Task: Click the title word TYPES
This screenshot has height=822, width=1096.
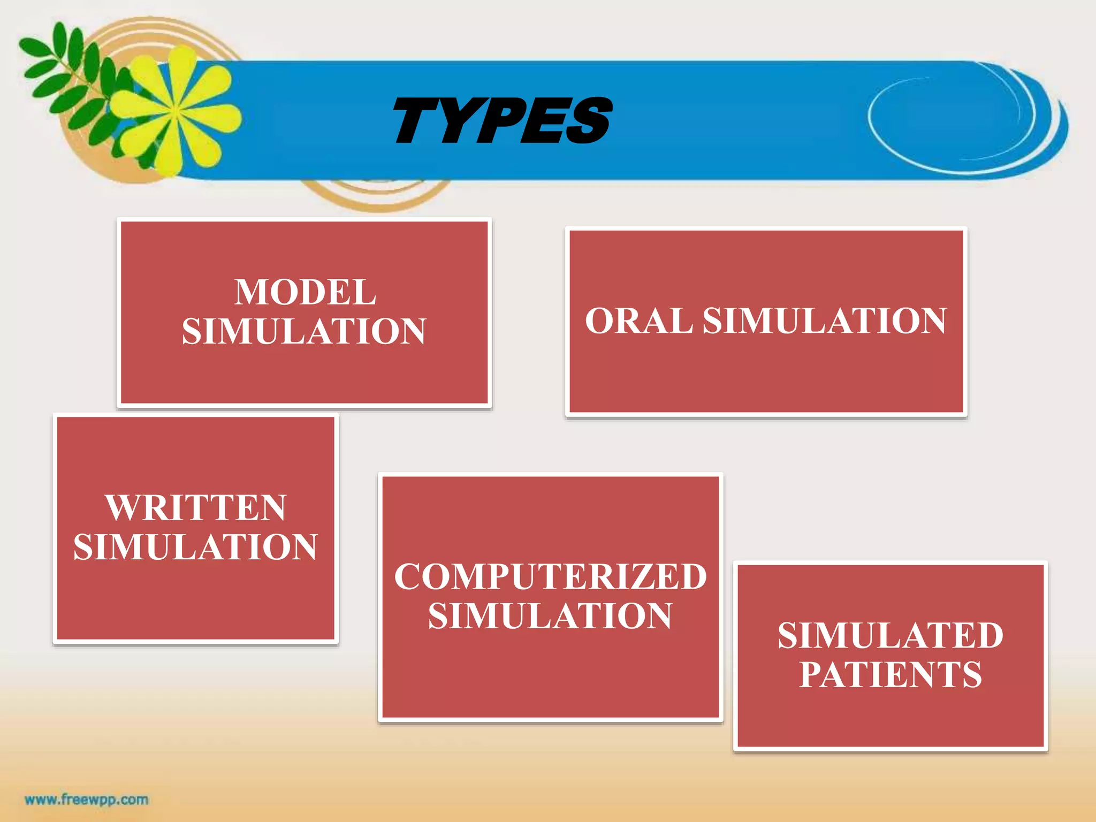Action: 502,120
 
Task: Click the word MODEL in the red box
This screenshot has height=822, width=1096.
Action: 305,292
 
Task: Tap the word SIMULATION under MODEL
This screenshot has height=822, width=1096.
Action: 304,331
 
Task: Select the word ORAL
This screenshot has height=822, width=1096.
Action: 638,321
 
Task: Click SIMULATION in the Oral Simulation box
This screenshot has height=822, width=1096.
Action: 824,321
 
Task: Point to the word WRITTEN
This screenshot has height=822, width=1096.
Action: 196,507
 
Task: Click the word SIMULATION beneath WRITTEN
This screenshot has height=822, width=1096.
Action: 195,547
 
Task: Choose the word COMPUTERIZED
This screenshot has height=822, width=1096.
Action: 550,577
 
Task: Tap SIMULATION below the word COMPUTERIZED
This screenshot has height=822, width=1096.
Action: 550,616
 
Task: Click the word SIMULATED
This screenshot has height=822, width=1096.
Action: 890,636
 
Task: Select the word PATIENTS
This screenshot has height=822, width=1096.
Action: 890,674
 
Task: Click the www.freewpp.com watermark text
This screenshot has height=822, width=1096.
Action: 86,800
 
